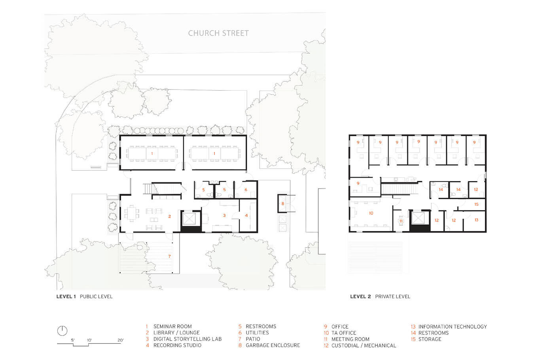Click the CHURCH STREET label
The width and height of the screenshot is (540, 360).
[x=218, y=33]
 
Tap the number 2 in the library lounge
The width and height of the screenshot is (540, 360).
[x=170, y=216]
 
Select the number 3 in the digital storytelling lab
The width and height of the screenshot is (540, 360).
[x=224, y=215]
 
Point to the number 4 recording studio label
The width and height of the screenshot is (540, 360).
[x=246, y=215]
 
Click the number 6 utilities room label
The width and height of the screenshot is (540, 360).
[x=246, y=190]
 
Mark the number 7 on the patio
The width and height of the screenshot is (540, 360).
[x=169, y=256]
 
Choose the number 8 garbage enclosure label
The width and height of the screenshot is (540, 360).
[x=283, y=203]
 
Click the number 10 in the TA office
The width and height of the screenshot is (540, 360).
[x=371, y=213]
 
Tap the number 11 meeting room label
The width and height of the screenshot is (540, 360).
[x=401, y=221]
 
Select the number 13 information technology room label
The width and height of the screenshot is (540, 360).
[x=476, y=220]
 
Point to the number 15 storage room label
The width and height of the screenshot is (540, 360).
[x=476, y=204]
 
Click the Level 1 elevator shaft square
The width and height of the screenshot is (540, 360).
[x=189, y=219]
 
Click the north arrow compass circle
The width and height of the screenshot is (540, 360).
[x=62, y=331]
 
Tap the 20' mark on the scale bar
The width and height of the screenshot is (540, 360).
[x=121, y=340]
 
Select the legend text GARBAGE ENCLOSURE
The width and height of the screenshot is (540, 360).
[x=273, y=345]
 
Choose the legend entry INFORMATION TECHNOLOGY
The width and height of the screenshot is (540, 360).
[x=453, y=327]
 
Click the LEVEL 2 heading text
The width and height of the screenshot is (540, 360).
[x=360, y=297]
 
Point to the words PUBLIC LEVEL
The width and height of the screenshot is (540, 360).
[x=96, y=297]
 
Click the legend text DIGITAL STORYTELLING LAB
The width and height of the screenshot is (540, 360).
[x=188, y=339]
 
